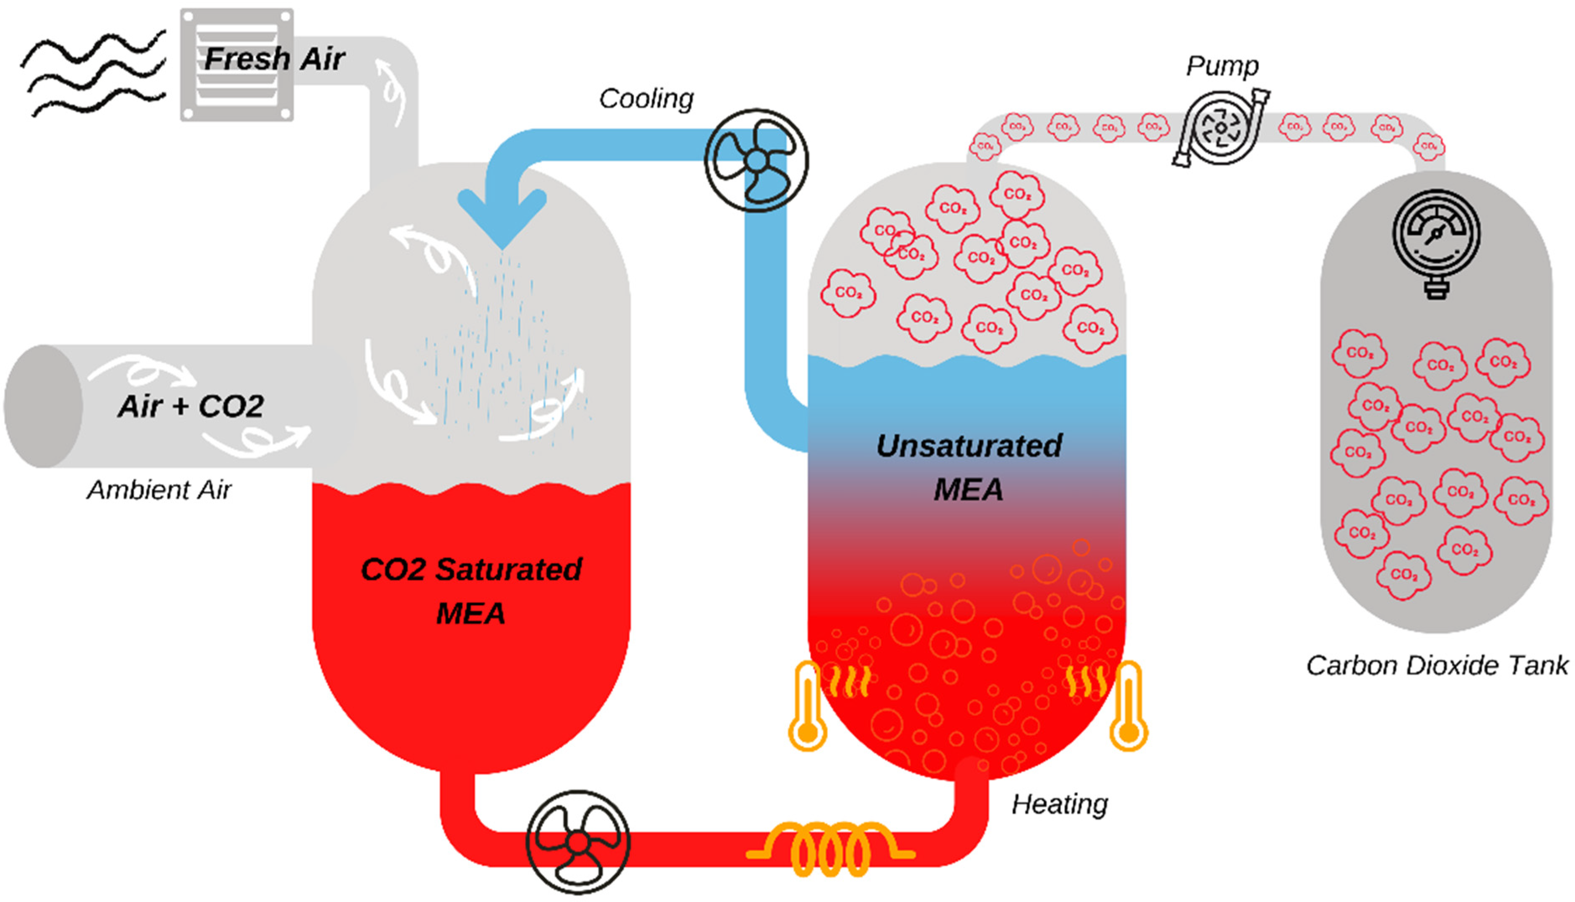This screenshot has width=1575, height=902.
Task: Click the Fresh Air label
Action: pyautogui.click(x=274, y=60)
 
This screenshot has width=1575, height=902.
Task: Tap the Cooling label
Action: pyautogui.click(x=646, y=99)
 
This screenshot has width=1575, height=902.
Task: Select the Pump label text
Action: pyautogui.click(x=1222, y=66)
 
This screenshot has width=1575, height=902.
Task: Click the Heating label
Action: pyautogui.click(x=1060, y=804)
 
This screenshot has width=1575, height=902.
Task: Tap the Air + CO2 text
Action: pyautogui.click(x=191, y=407)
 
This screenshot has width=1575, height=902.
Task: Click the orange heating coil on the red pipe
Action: pyautogui.click(x=830, y=849)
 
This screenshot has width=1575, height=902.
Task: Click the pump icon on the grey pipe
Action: pyautogui.click(x=1221, y=128)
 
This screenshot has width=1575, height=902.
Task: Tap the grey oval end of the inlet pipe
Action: pyautogui.click(x=43, y=407)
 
